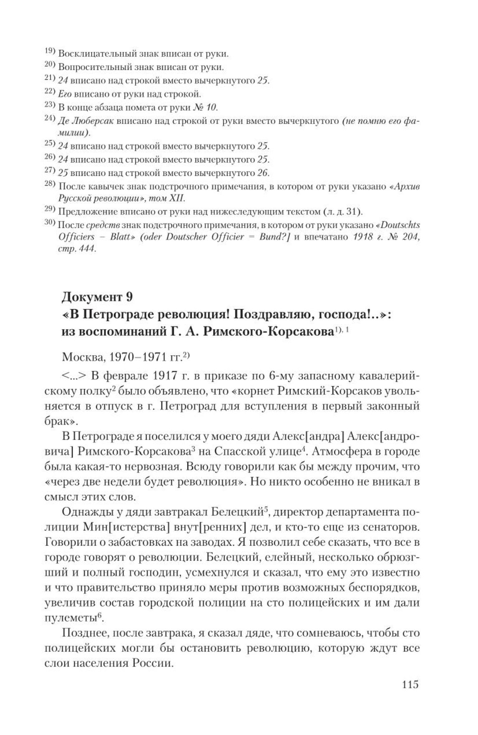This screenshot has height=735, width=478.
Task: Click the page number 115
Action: click(x=410, y=684)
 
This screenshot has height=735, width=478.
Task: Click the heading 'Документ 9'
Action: click(x=97, y=297)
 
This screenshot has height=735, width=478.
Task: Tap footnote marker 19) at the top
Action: click(x=50, y=52)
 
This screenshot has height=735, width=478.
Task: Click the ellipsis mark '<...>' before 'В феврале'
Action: click(x=74, y=376)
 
